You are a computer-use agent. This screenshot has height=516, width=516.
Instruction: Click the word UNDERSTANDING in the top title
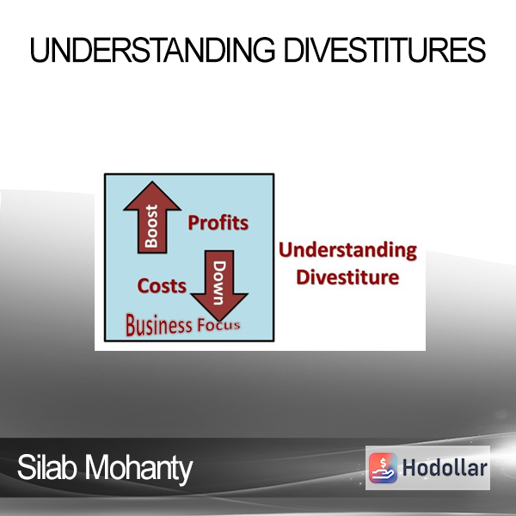tap(152, 50)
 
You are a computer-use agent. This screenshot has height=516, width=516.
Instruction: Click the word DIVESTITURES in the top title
tap(384, 50)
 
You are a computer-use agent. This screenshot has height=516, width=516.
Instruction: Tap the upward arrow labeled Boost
tap(152, 218)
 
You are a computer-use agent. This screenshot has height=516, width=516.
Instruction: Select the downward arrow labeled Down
tap(219, 286)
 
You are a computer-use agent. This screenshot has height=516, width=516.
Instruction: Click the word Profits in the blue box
tap(218, 223)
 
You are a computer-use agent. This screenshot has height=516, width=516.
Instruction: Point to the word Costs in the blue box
tap(162, 286)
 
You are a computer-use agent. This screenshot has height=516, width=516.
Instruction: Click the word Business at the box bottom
tap(158, 325)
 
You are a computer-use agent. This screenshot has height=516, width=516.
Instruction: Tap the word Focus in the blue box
tap(218, 325)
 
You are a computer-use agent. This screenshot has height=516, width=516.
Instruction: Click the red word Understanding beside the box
tap(347, 251)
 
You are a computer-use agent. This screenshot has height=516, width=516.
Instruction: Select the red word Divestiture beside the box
tap(347, 277)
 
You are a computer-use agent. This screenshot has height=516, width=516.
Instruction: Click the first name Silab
tap(47, 467)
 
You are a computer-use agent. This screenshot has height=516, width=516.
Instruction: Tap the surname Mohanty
tap(138, 469)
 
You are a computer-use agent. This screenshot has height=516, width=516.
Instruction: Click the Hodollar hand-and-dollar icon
tap(383, 468)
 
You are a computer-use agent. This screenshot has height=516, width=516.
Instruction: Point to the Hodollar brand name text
tap(445, 468)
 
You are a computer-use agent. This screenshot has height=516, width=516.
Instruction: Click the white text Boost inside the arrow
tap(151, 226)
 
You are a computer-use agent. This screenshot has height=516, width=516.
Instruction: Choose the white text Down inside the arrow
tap(219, 283)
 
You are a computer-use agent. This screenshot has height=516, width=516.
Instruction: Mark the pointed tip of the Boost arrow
tap(152, 181)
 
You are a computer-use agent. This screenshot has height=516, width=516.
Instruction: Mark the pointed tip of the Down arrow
tap(219, 321)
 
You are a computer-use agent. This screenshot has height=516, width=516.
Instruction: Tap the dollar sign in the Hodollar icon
tap(383, 463)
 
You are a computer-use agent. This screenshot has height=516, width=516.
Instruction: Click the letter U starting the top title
tap(39, 50)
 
